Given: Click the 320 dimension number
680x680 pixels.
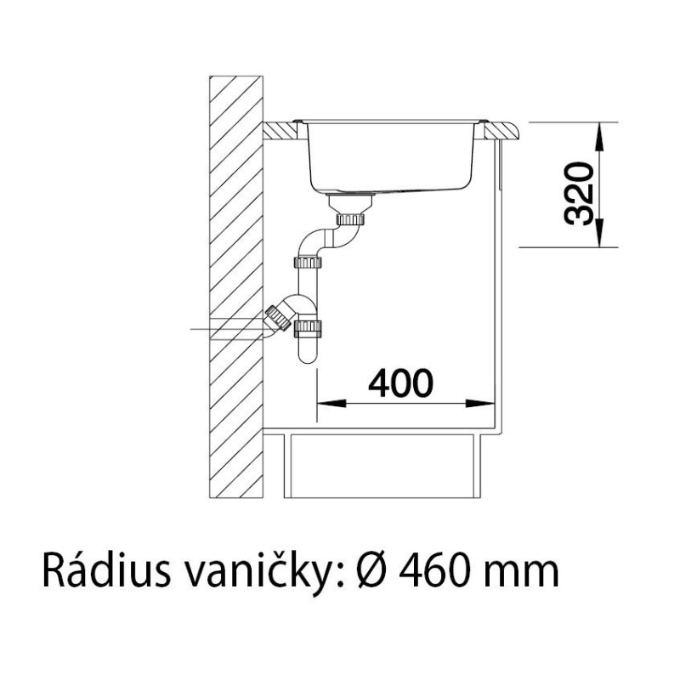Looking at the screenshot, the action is click(x=579, y=194).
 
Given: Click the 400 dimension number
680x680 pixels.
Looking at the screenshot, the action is click(x=400, y=383).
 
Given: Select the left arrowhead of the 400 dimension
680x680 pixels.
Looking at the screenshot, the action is click(x=331, y=403).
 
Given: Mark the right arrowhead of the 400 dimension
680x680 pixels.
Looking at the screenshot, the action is click(x=481, y=403).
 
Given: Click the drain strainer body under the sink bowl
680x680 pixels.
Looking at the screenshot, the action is click(x=350, y=201).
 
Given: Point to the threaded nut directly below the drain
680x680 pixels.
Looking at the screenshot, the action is click(x=350, y=218).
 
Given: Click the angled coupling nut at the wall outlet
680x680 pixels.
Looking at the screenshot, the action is click(x=278, y=319).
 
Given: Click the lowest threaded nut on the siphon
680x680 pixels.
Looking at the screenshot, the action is click(x=309, y=328).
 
